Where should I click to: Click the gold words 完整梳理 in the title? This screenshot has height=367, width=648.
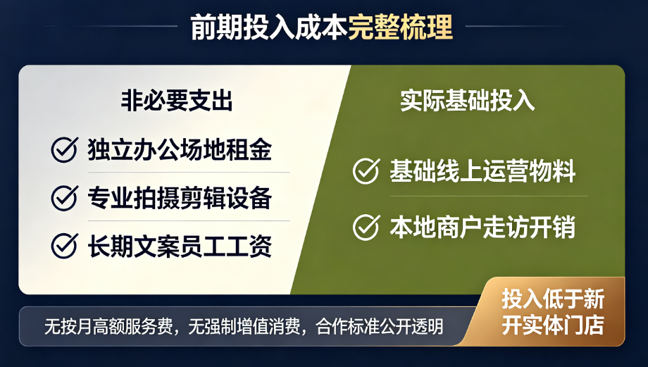point(400,27)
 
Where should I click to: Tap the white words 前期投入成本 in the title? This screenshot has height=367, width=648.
point(269,27)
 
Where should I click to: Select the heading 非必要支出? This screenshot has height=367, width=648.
point(177,101)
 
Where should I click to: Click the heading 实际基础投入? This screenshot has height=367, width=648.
point(467,101)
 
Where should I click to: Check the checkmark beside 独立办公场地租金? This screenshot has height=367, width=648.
point(65,149)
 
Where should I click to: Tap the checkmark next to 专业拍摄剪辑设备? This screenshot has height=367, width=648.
point(65,197)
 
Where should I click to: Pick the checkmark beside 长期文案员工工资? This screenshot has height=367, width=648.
point(65,246)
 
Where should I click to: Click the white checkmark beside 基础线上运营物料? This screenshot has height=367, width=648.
point(366,170)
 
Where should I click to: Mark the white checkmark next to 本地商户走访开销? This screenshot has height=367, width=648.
point(366,227)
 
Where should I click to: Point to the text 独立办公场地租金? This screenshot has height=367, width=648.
point(180,149)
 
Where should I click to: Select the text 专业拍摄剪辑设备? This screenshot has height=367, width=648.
point(180,197)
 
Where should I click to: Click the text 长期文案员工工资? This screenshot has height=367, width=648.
point(180,246)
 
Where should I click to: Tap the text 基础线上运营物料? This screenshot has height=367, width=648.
point(482,170)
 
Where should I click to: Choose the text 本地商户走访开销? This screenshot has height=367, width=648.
point(482,227)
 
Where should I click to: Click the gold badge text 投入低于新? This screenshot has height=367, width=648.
point(553,299)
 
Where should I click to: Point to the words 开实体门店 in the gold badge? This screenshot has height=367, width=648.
point(553,325)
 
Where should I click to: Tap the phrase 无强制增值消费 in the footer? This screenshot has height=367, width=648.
point(244,327)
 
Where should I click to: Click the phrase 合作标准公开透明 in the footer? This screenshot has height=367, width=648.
point(379,327)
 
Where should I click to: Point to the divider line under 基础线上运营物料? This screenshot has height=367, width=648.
point(489,197)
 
